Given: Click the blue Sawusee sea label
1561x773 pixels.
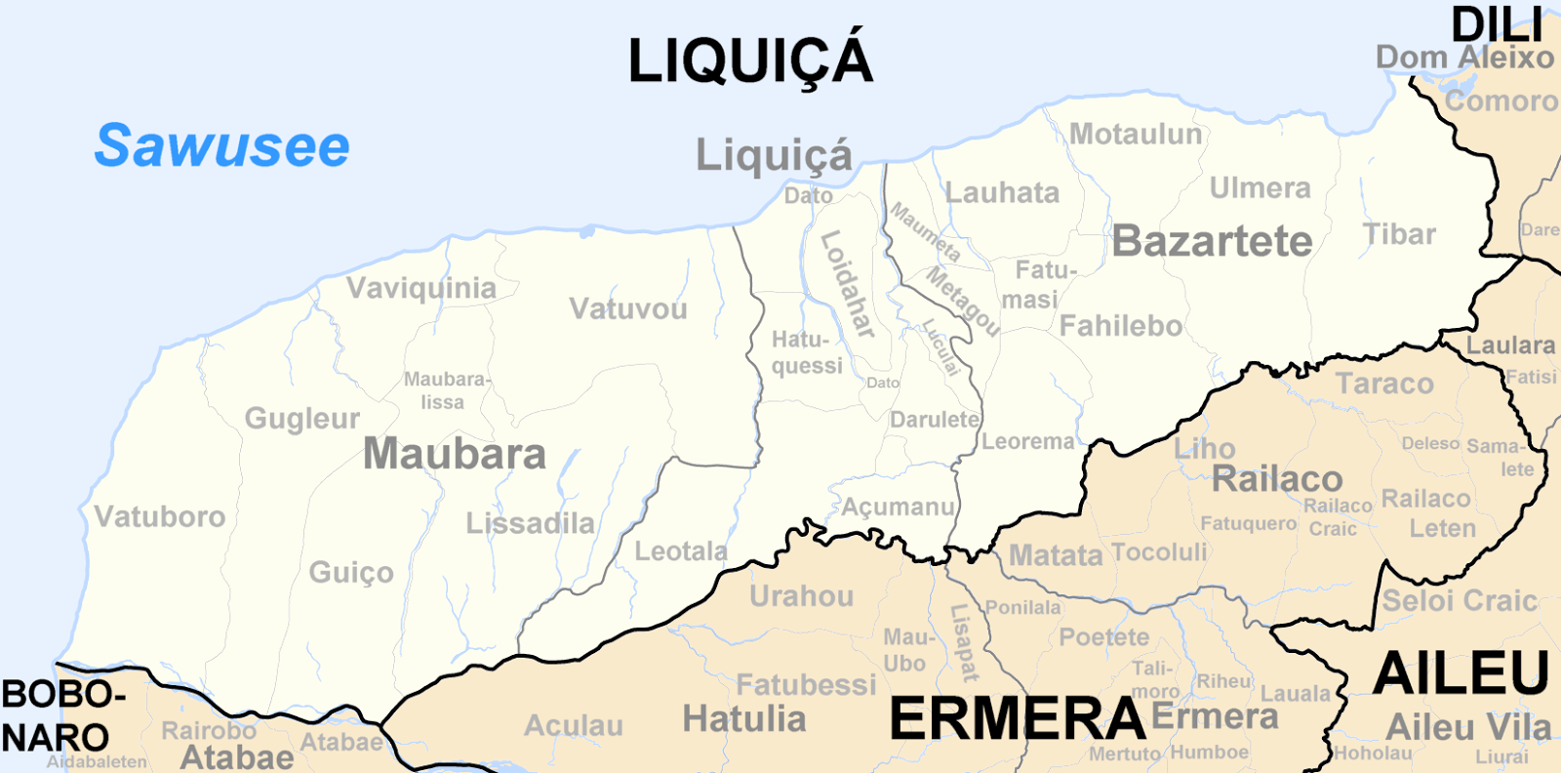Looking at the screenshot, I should (x=221, y=146).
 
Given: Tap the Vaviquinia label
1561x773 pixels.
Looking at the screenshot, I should (x=421, y=288).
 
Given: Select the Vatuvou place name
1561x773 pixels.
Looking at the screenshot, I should (x=628, y=309).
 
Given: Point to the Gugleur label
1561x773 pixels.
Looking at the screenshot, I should (x=302, y=419).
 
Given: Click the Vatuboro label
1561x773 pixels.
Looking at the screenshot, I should (x=160, y=516).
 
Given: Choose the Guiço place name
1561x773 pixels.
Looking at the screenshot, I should (x=351, y=572).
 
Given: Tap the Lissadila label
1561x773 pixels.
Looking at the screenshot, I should (x=530, y=523).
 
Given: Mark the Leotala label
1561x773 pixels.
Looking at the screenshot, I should (x=681, y=551).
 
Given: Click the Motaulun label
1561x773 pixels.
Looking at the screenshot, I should (x=1136, y=134).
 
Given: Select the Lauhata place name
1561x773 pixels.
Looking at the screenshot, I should (x=1002, y=192).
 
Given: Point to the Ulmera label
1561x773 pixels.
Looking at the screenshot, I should (x=1260, y=187).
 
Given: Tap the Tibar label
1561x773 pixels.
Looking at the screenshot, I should (x=1399, y=234).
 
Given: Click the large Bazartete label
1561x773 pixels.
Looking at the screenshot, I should (x=1212, y=241).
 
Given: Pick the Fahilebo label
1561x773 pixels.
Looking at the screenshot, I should (x=1121, y=326).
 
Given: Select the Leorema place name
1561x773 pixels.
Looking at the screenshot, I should (x=1027, y=441).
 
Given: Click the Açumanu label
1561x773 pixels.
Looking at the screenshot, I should (x=898, y=507).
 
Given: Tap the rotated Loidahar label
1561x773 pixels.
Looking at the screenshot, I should (x=847, y=284).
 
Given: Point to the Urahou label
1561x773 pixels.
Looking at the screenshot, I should (x=801, y=596).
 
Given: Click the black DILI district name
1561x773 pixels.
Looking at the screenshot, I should (x=1497, y=24).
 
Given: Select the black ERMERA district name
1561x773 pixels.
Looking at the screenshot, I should (x=1017, y=719).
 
